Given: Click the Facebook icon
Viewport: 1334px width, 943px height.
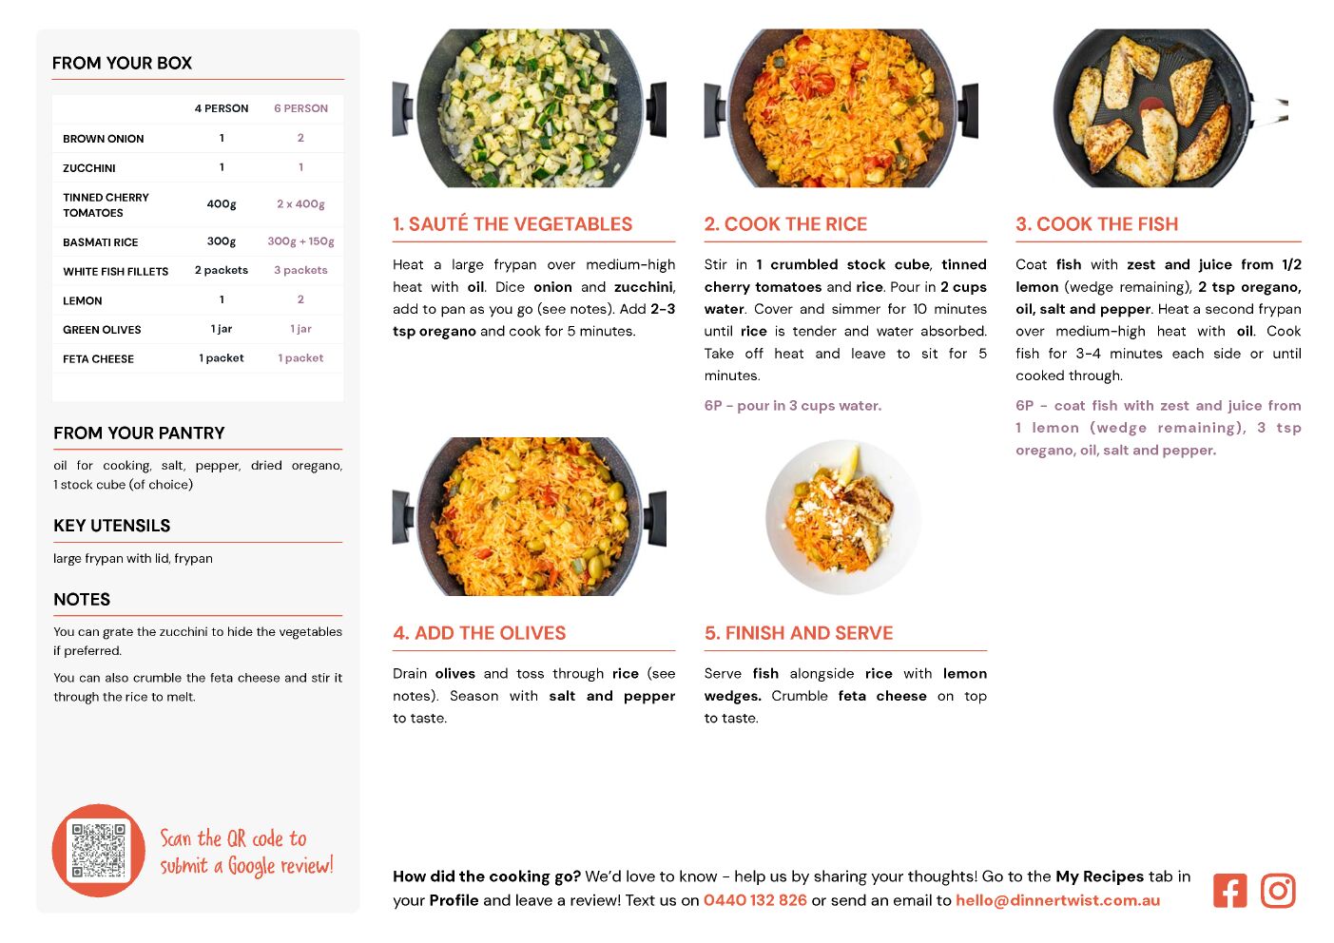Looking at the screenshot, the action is pyautogui.click(x=1229, y=891).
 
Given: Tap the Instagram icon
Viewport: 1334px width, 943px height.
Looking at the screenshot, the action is pyautogui.click(x=1278, y=891).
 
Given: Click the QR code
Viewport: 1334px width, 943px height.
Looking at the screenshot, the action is pyautogui.click(x=99, y=851).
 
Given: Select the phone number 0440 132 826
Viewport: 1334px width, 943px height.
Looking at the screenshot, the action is pyautogui.click(x=755, y=900).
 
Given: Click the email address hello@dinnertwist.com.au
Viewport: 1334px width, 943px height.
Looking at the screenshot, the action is pyautogui.click(x=1057, y=900).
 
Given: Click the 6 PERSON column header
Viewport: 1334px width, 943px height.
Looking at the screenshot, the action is pyautogui.click(x=300, y=108).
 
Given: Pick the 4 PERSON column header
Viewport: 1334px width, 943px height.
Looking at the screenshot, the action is pyautogui.click(x=222, y=108).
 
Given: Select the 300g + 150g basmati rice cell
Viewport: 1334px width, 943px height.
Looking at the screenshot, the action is pyautogui.click(x=300, y=241).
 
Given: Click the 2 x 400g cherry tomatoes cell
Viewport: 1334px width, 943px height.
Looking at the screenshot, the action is pyautogui.click(x=300, y=203).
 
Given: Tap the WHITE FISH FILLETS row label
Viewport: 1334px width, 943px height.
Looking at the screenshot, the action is pyautogui.click(x=116, y=272).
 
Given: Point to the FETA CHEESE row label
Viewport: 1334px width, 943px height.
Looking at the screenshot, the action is pyautogui.click(x=98, y=359).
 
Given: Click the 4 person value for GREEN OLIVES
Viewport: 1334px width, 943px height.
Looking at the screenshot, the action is pyautogui.click(x=222, y=329).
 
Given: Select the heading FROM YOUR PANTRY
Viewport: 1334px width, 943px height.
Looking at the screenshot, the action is pyautogui.click(x=139, y=433).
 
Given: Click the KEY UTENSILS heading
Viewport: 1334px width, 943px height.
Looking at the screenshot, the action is pyautogui.click(x=112, y=526).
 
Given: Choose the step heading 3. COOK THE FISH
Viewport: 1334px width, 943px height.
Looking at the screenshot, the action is pyautogui.click(x=1097, y=223).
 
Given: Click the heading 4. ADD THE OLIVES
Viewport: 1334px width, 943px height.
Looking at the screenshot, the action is pyautogui.click(x=479, y=633).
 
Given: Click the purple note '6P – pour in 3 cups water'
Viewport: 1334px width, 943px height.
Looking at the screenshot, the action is pyautogui.click(x=793, y=405).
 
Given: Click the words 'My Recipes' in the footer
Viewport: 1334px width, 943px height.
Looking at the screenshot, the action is pyautogui.click(x=1100, y=876).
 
